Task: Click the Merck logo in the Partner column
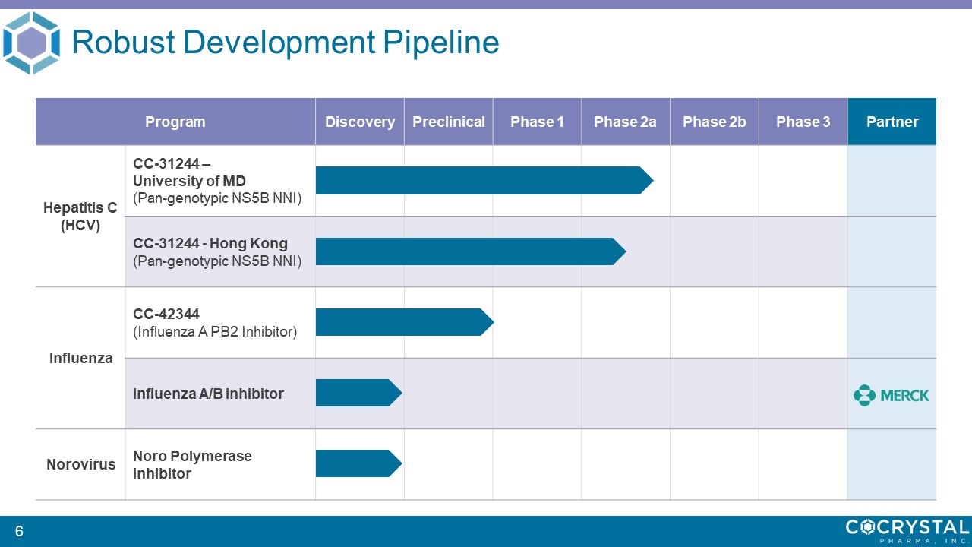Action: [892, 396]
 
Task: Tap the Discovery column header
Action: [360, 122]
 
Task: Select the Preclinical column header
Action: [449, 122]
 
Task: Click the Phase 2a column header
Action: [625, 122]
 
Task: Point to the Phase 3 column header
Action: [803, 122]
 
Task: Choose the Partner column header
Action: [892, 122]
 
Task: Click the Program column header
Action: [175, 122]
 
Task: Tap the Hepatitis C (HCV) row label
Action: [80, 217]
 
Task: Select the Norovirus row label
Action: [81, 464]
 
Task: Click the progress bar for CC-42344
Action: [405, 322]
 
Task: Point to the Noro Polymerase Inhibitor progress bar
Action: [359, 463]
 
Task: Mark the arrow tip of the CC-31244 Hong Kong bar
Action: [626, 251]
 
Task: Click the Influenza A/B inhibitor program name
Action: [208, 394]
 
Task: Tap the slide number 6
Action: [19, 531]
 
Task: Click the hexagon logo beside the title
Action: [31, 43]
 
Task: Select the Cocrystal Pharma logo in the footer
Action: [907, 531]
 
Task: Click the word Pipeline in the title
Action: [441, 43]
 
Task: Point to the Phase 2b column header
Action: [715, 122]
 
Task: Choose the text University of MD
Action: [189, 181]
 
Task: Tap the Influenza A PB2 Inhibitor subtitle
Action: [215, 332]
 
